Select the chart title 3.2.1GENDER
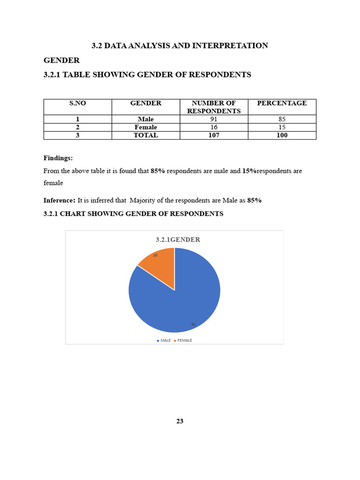[178, 240]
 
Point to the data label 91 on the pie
[193, 324]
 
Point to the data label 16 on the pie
[155, 255]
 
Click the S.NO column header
[77, 103]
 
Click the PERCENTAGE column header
[282, 103]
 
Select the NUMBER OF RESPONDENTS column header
[214, 107]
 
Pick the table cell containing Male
[146, 119]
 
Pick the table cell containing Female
[146, 127]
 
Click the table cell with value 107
[214, 135]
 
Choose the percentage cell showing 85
[282, 119]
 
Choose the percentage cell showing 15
[282, 127]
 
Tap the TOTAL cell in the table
[146, 135]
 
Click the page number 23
[180, 421]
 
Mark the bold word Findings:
[58, 158]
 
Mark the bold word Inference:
[60, 200]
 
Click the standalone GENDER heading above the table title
[61, 60]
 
